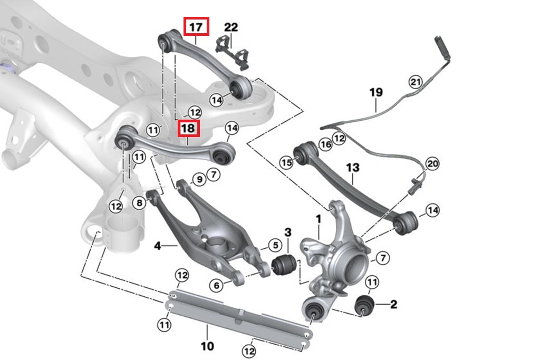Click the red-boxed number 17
coord(196,26)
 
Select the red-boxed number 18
coord(188,128)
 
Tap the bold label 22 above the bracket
coord(231,26)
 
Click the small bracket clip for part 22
coord(235,53)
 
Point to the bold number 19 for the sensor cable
coord(375,93)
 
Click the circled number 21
coord(416,82)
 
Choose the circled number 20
coord(432,163)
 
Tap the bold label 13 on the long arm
coord(353,168)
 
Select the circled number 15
coord(286,163)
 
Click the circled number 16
coord(325,144)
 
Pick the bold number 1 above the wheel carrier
coord(319,218)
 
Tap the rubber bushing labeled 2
coord(364,305)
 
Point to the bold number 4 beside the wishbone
coord(157,246)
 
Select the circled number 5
coord(274,245)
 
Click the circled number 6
coord(216,285)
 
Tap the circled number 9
coord(199,180)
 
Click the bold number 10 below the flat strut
coord(207,346)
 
